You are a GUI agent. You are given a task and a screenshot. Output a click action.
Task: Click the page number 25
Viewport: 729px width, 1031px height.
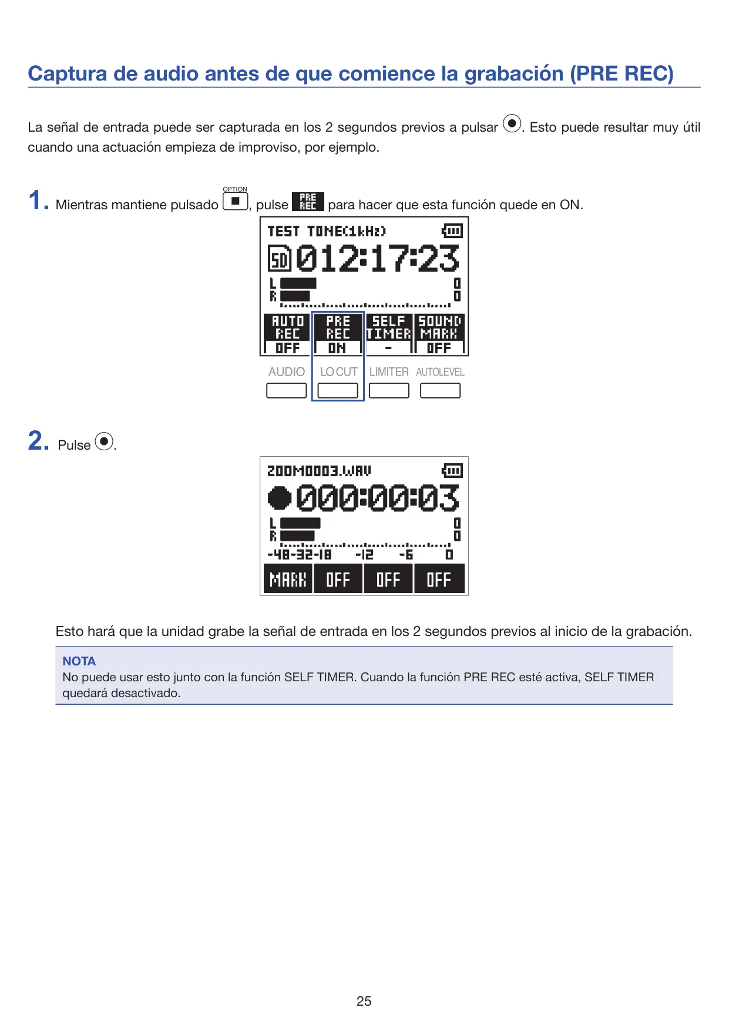coord(364,1000)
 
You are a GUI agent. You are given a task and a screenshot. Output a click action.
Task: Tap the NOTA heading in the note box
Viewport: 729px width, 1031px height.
coord(79,661)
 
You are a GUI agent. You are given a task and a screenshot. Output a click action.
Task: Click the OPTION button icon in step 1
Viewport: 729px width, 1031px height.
coord(235,202)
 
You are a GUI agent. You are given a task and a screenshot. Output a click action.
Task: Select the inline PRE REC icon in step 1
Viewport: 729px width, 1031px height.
coord(308,202)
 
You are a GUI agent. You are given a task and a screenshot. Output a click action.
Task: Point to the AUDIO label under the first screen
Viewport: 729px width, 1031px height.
coord(287,372)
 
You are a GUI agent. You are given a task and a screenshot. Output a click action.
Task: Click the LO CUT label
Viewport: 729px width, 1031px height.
coord(338,372)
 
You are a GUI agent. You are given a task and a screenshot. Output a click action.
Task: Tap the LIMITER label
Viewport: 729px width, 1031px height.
coord(389,372)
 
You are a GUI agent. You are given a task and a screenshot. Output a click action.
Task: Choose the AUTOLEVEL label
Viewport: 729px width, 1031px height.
coord(440,372)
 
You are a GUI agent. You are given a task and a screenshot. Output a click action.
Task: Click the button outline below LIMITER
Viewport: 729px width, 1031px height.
coord(389,390)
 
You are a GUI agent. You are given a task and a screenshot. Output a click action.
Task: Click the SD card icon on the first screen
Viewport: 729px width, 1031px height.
coord(280,259)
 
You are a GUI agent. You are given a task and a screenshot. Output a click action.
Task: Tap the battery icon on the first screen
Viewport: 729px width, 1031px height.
coord(452,230)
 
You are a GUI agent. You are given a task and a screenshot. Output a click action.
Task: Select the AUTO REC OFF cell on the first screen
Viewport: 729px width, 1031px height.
coord(287,334)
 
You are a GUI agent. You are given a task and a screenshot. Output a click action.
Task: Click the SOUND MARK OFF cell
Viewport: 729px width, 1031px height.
coord(439,334)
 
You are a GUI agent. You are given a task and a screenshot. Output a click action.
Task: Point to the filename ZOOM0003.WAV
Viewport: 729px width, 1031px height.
coord(319,471)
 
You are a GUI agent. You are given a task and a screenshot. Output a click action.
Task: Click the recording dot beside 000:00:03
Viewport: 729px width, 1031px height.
coord(280,498)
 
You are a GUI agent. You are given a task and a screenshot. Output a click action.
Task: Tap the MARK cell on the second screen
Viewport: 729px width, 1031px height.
coord(288,579)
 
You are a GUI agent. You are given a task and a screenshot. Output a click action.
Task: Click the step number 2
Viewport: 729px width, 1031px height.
coord(39,441)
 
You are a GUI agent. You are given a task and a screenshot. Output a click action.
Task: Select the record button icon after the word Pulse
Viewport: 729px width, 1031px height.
coord(104,441)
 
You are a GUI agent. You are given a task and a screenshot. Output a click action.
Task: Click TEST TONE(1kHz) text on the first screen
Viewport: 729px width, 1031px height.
coord(327,231)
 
